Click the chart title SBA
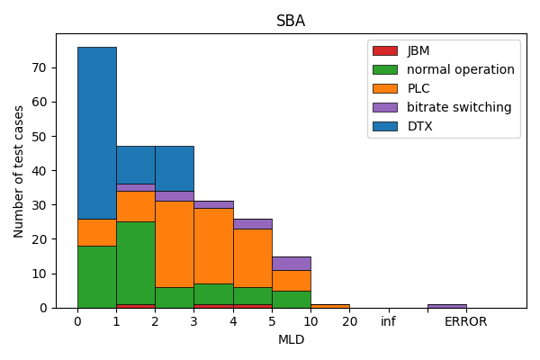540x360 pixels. coord(291,22)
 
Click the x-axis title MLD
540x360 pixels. coord(291,339)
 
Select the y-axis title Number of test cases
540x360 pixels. coord(20,171)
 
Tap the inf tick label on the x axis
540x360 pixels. coord(388,321)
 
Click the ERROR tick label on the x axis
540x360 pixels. coord(465,321)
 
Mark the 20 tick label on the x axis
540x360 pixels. coord(349,321)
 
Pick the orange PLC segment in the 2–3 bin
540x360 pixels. coord(174,244)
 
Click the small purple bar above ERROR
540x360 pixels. coord(446,306)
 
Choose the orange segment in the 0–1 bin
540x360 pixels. coord(96,232)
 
